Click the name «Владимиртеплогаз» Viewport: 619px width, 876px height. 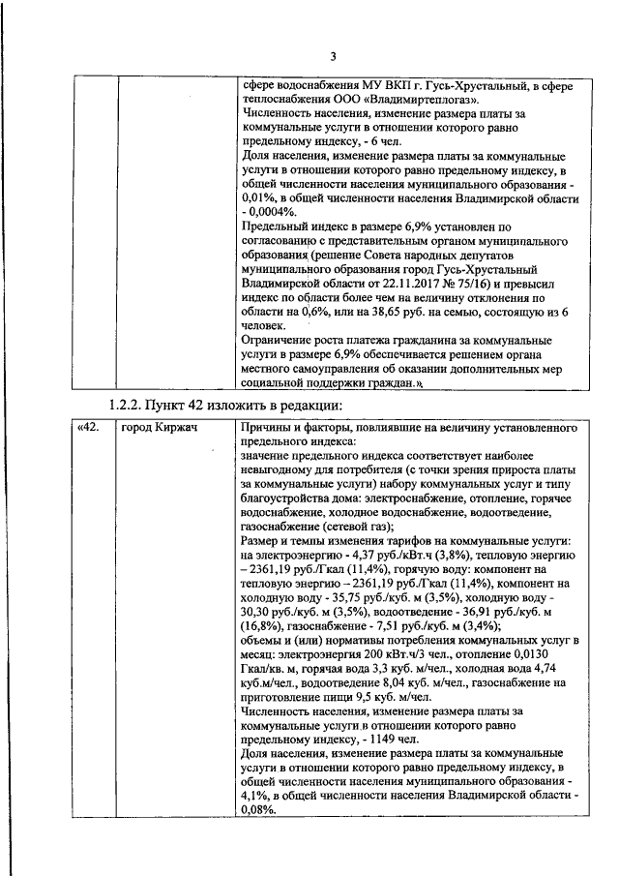(423, 99)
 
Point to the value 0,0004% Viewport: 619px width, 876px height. (276, 211)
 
